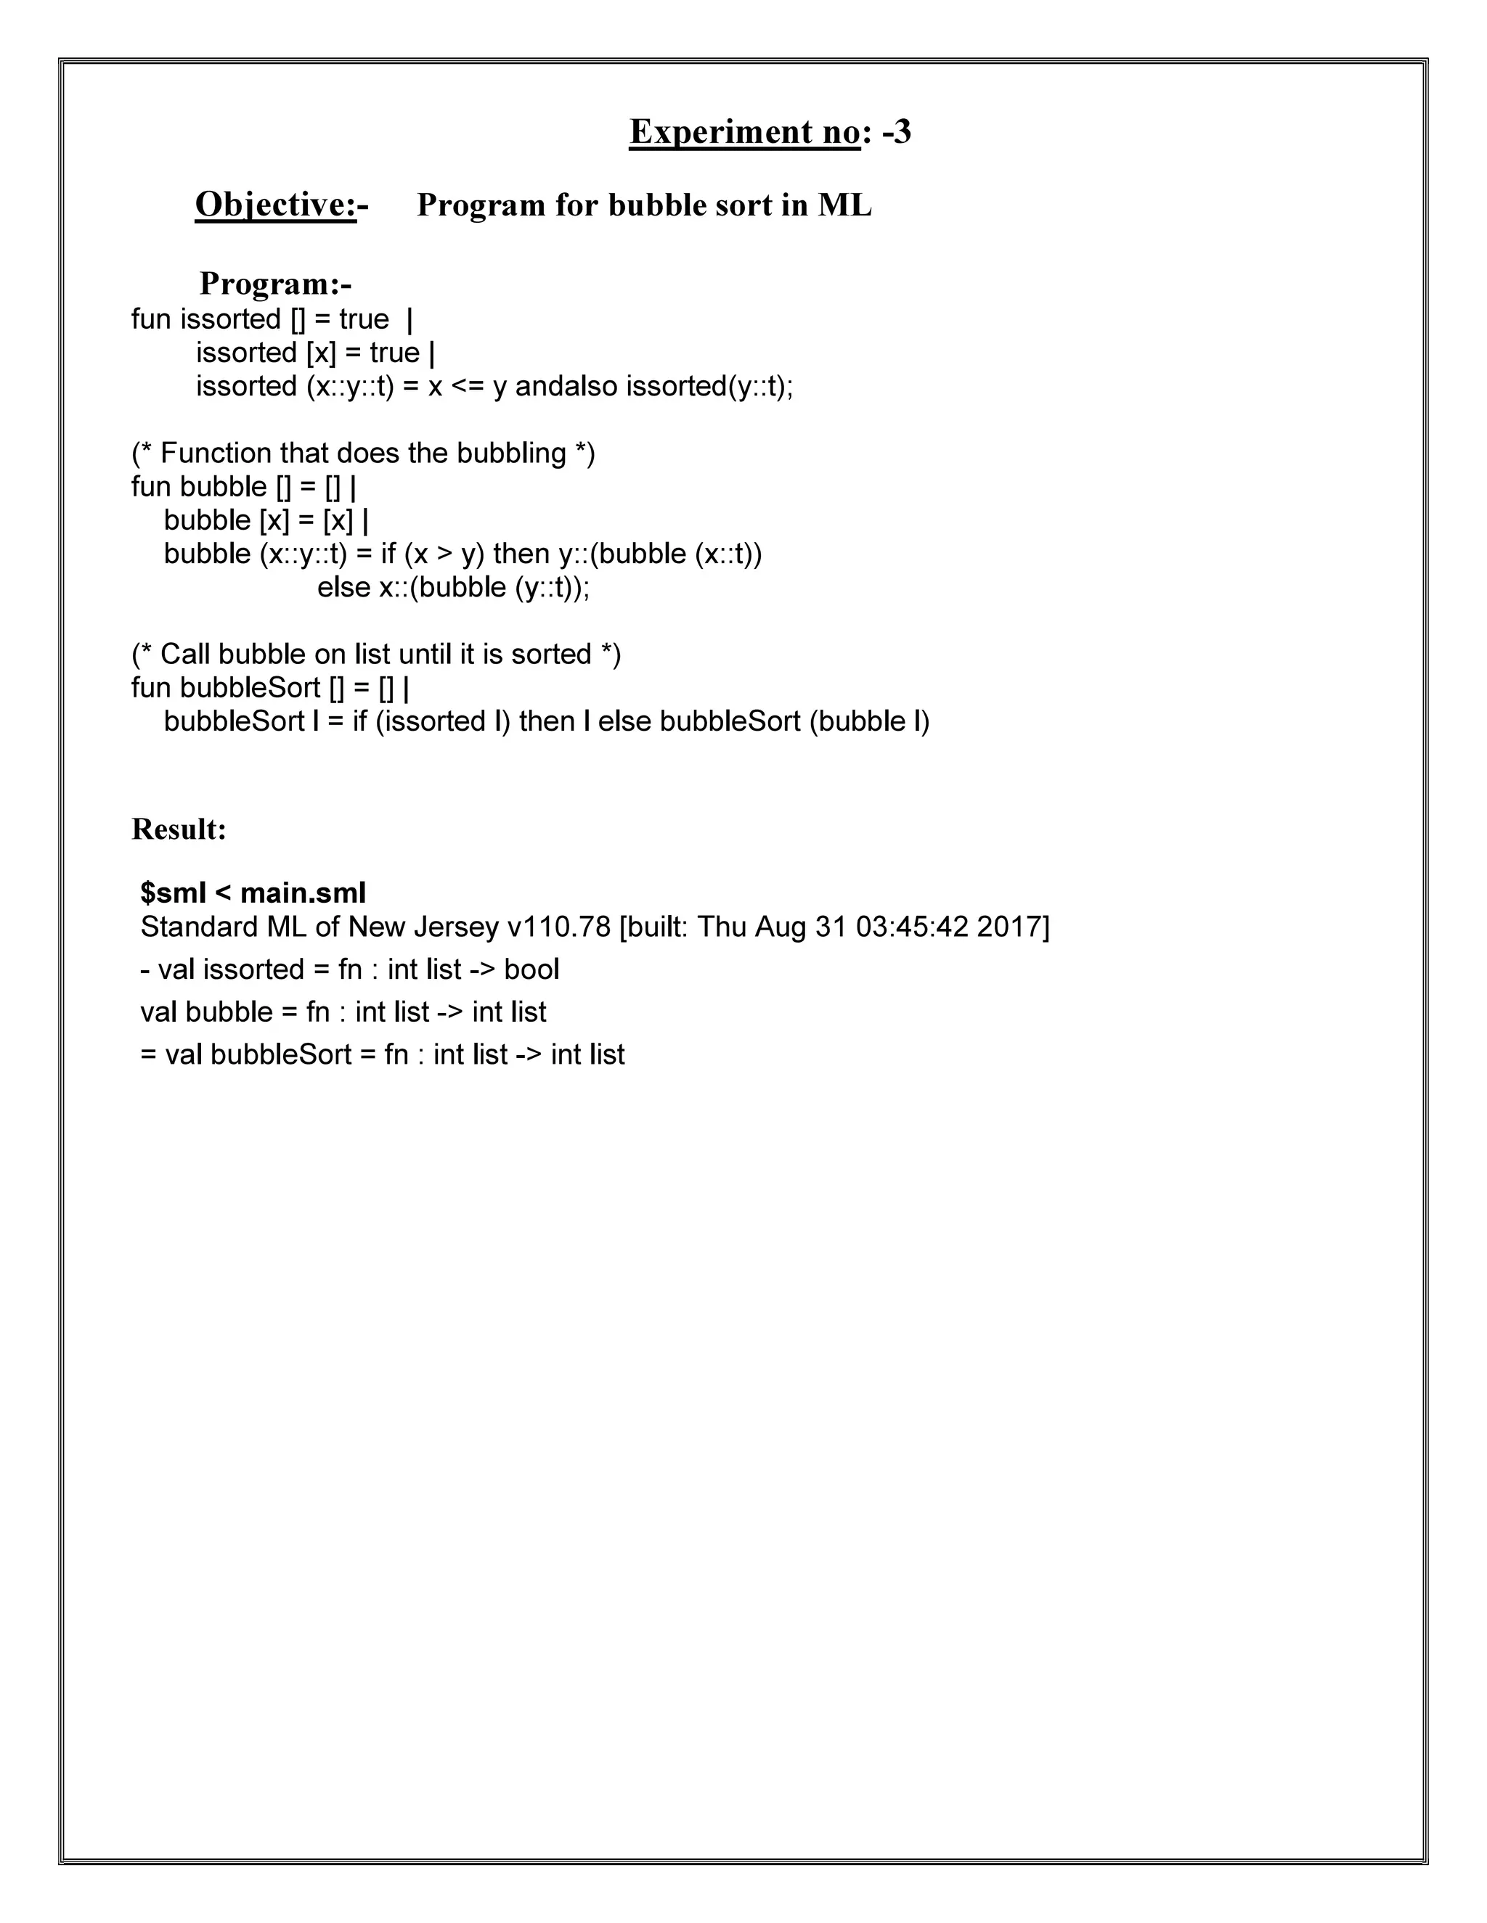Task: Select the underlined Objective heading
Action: point(275,205)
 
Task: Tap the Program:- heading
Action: point(275,284)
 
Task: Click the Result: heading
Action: point(179,829)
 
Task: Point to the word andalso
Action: point(566,385)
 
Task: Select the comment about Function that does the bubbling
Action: point(363,453)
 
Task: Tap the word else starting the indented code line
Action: point(343,586)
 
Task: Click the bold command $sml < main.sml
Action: point(253,893)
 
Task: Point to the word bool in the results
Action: point(531,969)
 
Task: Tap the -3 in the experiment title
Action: point(897,132)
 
